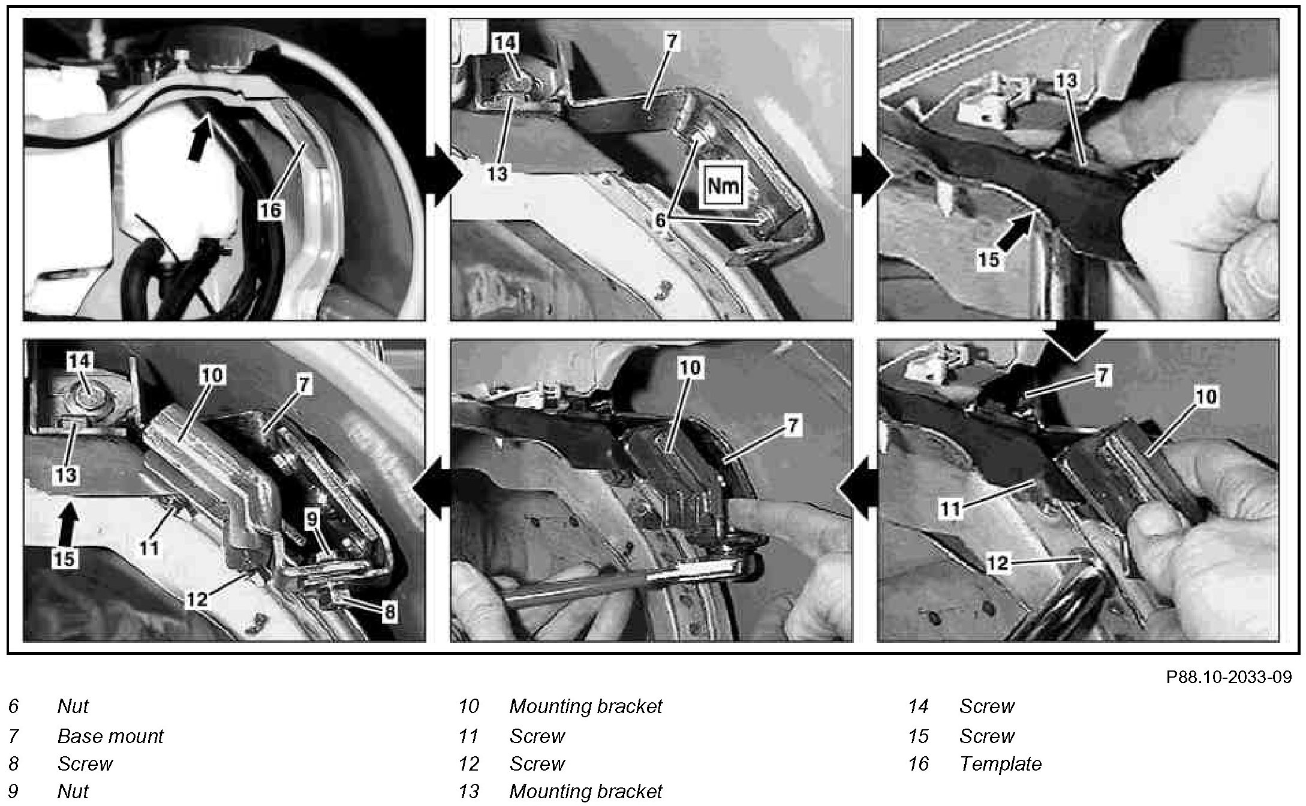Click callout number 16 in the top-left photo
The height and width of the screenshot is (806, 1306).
(x=270, y=210)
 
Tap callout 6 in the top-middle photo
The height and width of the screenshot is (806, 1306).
(x=660, y=221)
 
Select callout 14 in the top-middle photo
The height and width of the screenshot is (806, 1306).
(x=506, y=43)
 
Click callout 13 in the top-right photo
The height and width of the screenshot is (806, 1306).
(x=1067, y=81)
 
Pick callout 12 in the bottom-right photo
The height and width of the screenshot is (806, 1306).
(x=997, y=563)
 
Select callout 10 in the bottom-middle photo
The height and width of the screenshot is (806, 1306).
(x=690, y=367)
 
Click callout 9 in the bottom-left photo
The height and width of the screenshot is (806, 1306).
(x=312, y=519)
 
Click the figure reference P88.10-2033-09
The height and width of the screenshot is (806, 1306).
(x=1229, y=677)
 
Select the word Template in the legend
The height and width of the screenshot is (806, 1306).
(x=1000, y=764)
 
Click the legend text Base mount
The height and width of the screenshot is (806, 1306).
(x=110, y=736)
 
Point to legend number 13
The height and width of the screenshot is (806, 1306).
(x=468, y=792)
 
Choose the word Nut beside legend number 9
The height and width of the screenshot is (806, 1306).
(x=73, y=792)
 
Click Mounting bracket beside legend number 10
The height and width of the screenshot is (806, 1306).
(x=585, y=706)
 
